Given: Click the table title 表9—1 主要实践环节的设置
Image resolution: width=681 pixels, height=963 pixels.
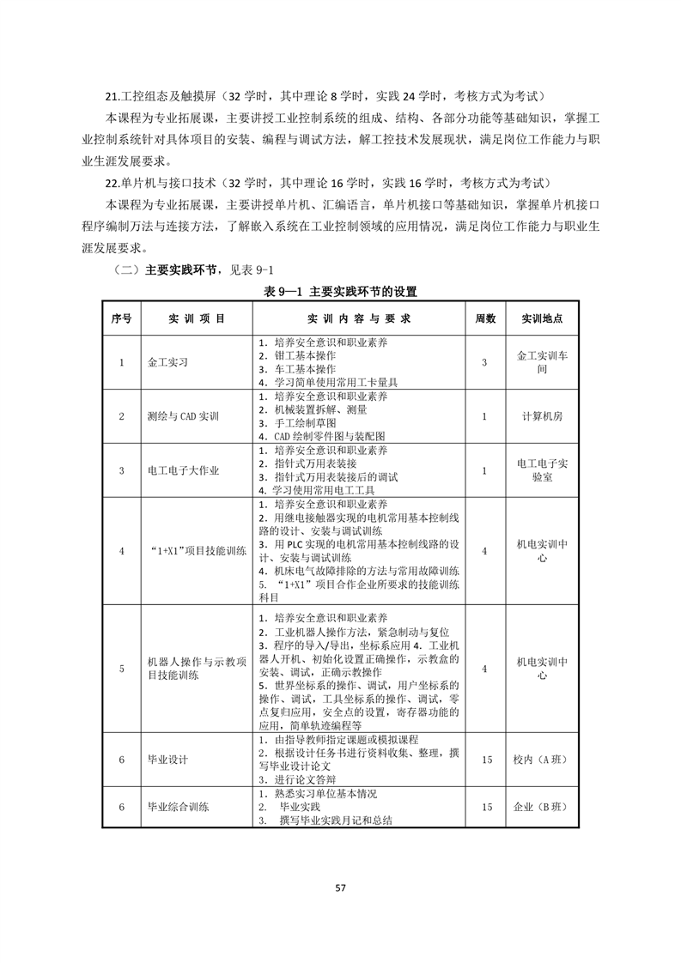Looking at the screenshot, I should click(340, 292).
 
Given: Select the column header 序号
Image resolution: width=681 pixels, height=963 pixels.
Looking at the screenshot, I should click(121, 318).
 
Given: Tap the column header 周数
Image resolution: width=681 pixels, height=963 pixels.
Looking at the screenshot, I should click(485, 318).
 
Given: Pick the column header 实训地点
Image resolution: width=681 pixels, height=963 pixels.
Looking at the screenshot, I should click(542, 318).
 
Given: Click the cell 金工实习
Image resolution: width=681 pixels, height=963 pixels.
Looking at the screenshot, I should click(167, 362).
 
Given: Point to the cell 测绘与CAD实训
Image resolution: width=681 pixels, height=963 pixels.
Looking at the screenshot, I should click(183, 416).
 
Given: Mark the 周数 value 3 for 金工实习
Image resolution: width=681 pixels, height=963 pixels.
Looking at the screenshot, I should click(485, 362).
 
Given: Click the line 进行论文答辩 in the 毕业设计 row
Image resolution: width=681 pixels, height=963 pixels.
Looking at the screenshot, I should click(306, 780).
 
